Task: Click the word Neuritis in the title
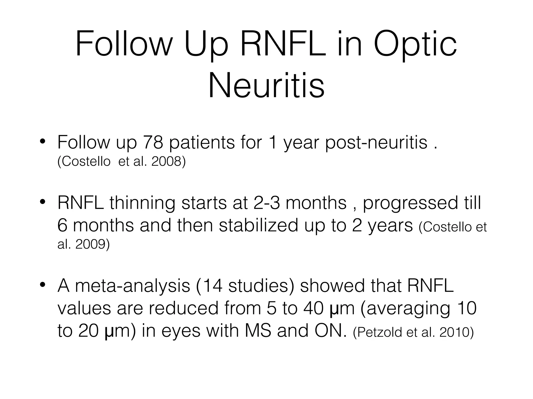point(266,85)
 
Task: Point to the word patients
point(202,143)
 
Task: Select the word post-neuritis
point(376,143)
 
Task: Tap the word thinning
point(142,203)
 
